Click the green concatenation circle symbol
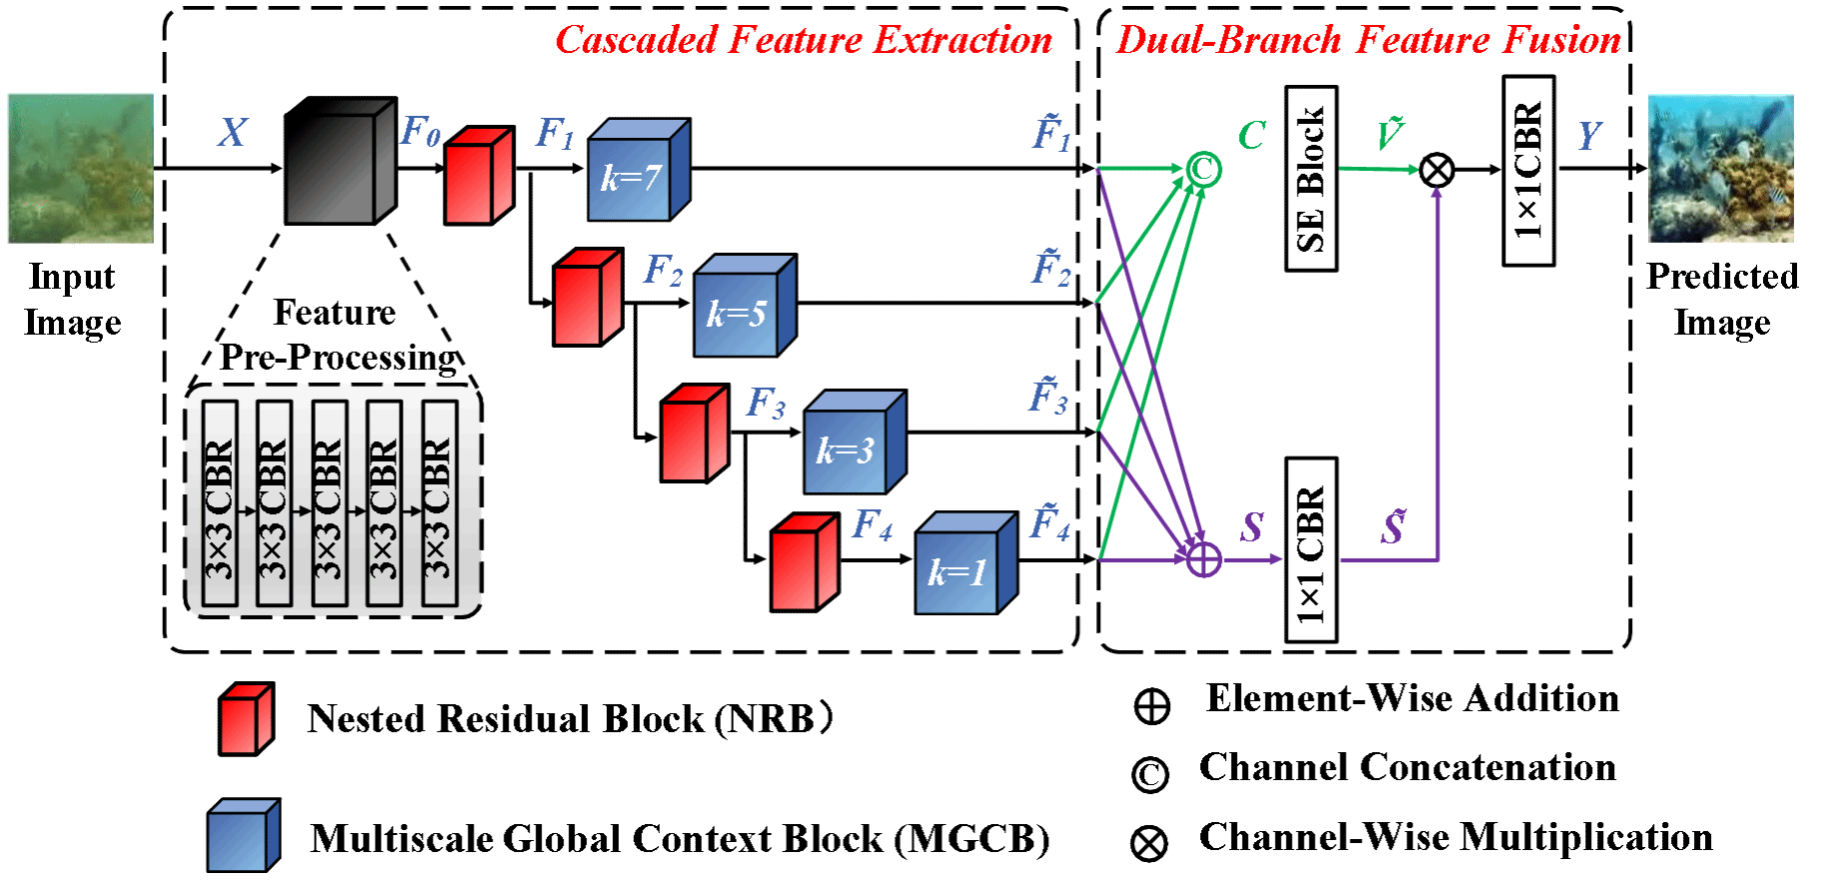coord(1204,169)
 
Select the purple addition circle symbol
coord(1204,559)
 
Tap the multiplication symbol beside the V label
coord(1437,171)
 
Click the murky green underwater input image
coord(81,168)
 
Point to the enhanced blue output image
coord(1721,168)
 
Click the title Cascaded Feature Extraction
coord(804,40)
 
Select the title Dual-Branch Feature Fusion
coord(1369,40)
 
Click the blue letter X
coord(233,133)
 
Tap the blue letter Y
coord(1590,135)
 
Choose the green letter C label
coord(1252,135)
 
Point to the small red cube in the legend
coord(246,719)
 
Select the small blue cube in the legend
coord(243,835)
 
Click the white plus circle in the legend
coord(1152,707)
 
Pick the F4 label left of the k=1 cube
coord(873,524)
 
